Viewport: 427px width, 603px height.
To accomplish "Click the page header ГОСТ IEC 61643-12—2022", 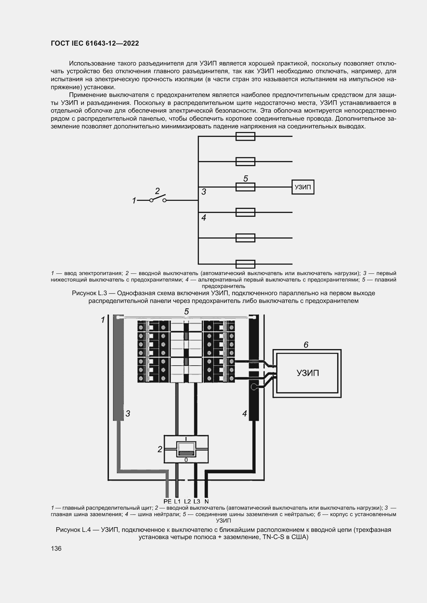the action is click(95, 43).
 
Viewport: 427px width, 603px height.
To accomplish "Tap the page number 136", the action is click(56, 548).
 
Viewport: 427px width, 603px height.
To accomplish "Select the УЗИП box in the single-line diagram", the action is click(303, 187).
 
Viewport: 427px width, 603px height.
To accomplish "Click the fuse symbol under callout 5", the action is click(245, 187).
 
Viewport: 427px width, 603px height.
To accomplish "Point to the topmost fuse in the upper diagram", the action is click(245, 136).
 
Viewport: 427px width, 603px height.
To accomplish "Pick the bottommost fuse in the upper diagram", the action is click(245, 264).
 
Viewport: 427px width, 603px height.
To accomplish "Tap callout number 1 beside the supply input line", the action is click(134, 201).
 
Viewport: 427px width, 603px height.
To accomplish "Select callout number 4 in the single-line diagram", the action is click(203, 218).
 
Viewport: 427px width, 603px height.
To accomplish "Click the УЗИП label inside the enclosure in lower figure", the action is click(308, 373).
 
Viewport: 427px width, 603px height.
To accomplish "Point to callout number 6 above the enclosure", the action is click(306, 345).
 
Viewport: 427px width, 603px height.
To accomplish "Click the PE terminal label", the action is click(167, 501).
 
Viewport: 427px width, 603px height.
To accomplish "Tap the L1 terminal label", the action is click(177, 501).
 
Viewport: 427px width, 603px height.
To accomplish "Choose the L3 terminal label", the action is click(197, 501).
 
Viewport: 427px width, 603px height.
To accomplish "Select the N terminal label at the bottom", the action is click(207, 501).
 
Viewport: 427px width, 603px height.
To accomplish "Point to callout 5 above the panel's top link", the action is click(186, 312).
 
